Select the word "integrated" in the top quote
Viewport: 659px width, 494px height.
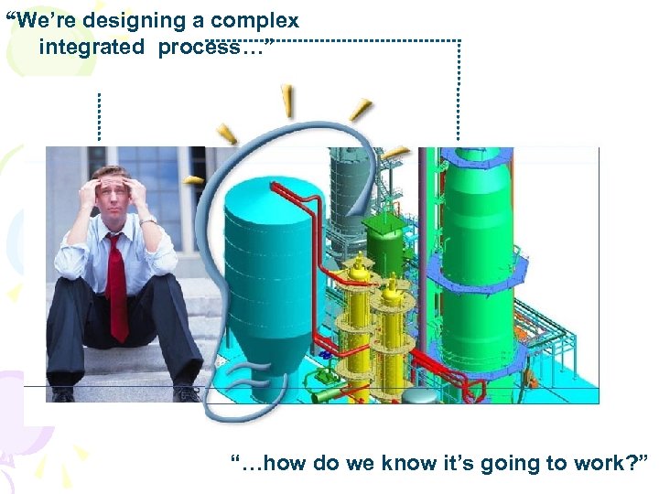pos(91,47)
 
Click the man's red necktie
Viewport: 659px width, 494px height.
pos(116,284)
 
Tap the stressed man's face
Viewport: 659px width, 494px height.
pos(111,195)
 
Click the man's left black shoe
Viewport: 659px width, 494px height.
pos(62,395)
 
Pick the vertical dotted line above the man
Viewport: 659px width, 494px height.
pos(98,117)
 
